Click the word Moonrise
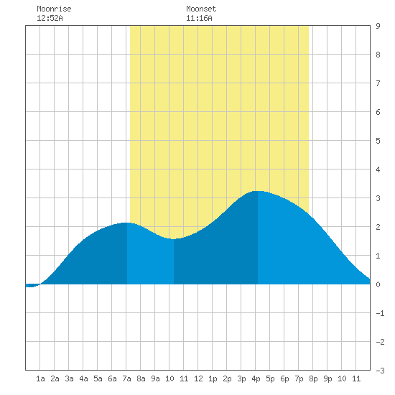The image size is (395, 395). [x=54, y=9]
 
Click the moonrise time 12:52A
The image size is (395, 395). [x=50, y=18]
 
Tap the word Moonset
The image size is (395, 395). [x=201, y=9]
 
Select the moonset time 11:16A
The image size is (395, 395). [x=199, y=18]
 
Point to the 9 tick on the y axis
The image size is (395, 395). [x=378, y=26]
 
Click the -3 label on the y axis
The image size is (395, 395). [x=380, y=371]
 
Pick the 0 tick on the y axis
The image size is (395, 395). [x=378, y=284]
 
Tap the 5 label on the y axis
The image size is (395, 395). [x=378, y=141]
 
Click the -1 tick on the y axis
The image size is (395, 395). [x=380, y=313]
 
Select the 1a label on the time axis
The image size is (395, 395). [x=40, y=378]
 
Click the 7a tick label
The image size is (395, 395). [x=126, y=378]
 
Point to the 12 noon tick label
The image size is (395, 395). [x=198, y=378]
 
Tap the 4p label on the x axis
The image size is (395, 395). [x=256, y=378]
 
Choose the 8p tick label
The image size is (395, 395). [x=313, y=378]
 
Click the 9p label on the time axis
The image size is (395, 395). [x=327, y=378]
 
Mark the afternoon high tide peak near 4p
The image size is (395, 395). [x=258, y=191]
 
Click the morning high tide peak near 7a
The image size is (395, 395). [x=127, y=223]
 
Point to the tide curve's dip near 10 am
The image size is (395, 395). [x=174, y=239]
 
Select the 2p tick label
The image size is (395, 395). [x=227, y=378]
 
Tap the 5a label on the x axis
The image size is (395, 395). [x=98, y=378]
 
